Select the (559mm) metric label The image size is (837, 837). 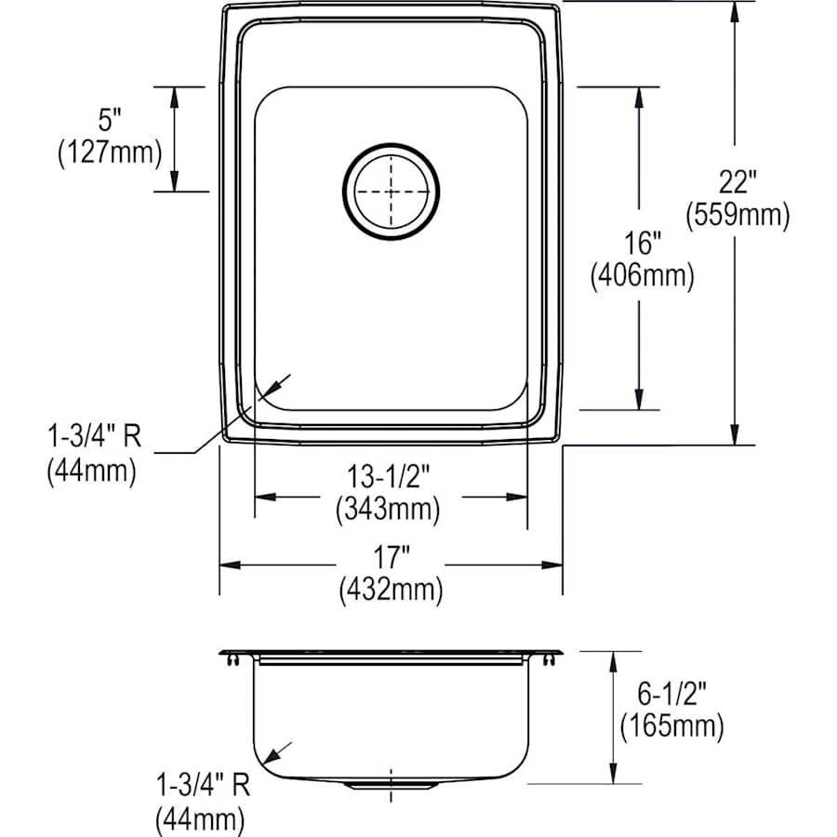pyautogui.click(x=737, y=217)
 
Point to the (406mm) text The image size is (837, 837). pyautogui.click(x=642, y=276)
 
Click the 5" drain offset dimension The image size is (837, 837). pyautogui.click(x=110, y=121)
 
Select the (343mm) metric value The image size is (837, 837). pyautogui.click(x=390, y=509)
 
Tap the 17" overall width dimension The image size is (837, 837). pyautogui.click(x=391, y=559)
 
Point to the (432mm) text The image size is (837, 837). pyautogui.click(x=391, y=589)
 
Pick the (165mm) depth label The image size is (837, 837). pyautogui.click(x=672, y=724)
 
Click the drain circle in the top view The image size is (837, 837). pyautogui.click(x=391, y=191)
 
